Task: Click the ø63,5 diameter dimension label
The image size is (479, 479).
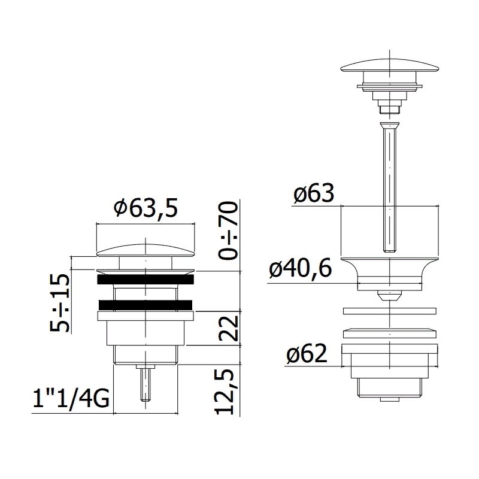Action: click(145, 208)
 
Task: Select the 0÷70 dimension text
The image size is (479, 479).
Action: click(229, 231)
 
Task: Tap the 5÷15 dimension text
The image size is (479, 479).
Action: click(60, 303)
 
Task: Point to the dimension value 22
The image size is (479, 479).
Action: click(229, 328)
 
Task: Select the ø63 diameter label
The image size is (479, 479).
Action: click(313, 193)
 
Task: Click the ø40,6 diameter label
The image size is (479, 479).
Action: click(300, 269)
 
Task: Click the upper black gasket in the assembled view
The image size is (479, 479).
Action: click(145, 280)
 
